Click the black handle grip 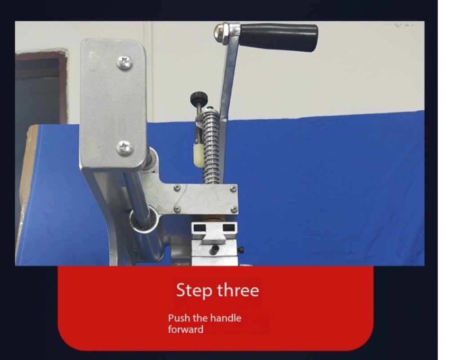[279, 37]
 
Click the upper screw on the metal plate [125, 62]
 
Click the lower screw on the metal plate [125, 148]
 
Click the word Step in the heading [194, 290]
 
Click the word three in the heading [237, 290]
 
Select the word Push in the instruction [179, 318]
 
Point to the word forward [186, 329]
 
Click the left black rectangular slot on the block [200, 229]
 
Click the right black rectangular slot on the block [228, 228]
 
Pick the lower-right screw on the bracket [234, 209]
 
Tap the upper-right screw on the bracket [233, 189]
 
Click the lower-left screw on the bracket [177, 209]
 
